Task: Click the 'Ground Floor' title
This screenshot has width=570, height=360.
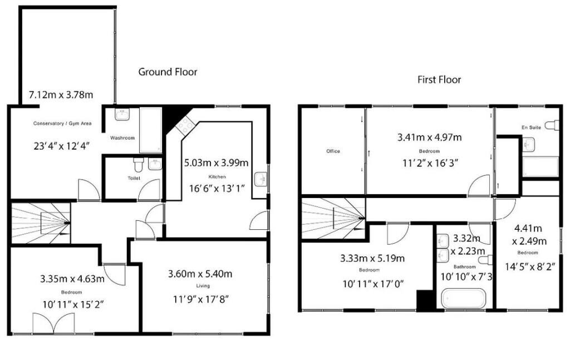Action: [168, 72]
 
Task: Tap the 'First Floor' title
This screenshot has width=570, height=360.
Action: [439, 80]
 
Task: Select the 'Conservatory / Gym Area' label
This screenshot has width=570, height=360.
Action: [62, 124]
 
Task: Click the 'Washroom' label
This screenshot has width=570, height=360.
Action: [122, 138]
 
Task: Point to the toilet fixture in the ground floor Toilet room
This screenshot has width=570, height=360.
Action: [139, 165]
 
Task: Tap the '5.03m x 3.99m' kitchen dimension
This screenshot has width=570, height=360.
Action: [217, 162]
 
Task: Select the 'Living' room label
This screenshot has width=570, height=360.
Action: [203, 286]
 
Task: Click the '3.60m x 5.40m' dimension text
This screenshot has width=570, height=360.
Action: [200, 274]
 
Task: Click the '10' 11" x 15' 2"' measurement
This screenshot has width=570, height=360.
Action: [73, 304]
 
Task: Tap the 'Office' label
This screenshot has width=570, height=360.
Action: [333, 151]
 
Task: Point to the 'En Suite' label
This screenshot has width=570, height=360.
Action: [531, 127]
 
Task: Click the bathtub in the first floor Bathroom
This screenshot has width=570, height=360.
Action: [464, 299]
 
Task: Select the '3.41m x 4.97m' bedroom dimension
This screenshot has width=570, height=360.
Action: [429, 137]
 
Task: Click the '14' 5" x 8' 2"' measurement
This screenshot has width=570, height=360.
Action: [530, 267]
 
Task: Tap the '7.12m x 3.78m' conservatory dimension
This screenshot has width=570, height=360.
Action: [61, 95]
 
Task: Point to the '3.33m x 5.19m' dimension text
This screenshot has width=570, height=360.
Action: [372, 259]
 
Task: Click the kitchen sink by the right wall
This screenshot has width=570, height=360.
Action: [261, 179]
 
